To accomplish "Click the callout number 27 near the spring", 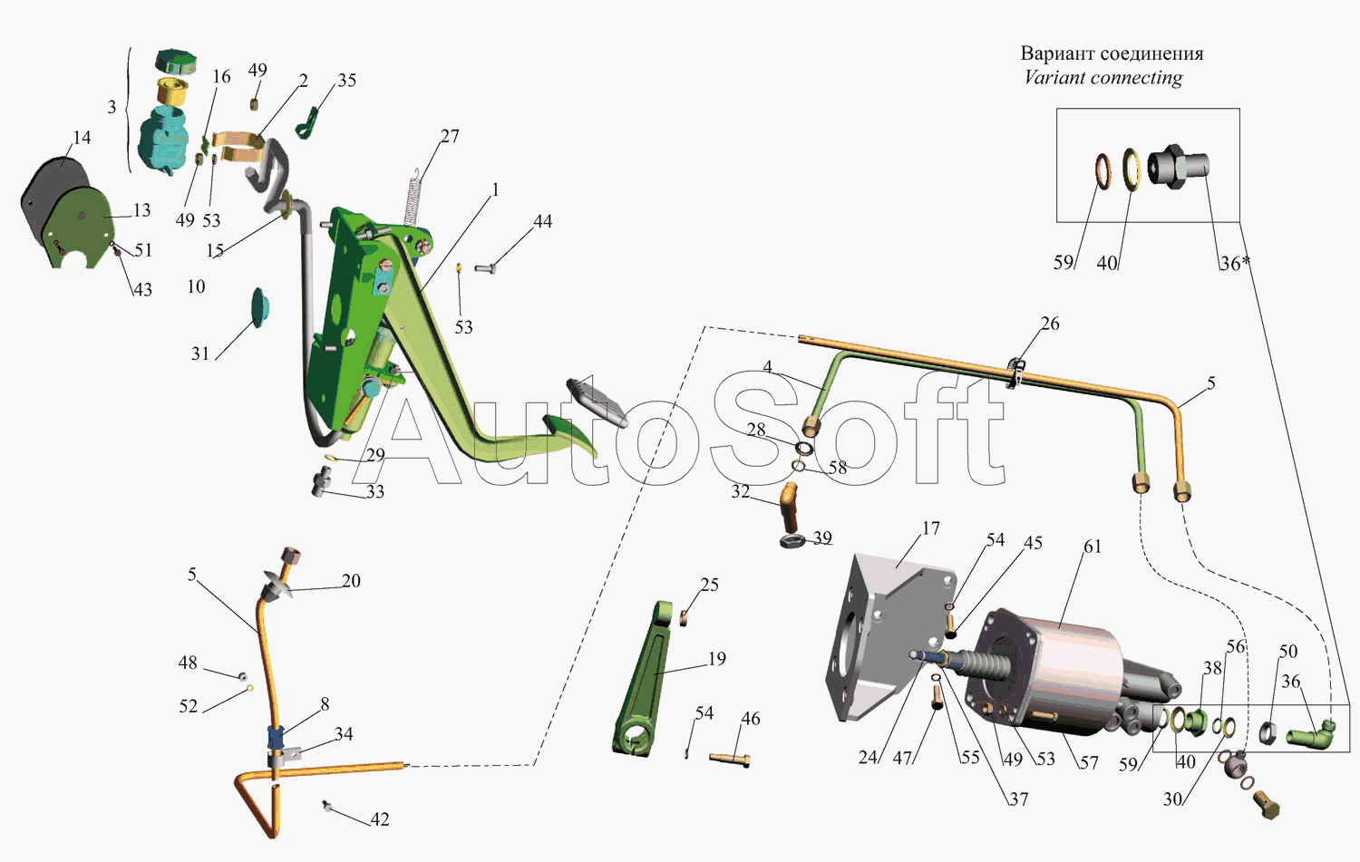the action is tap(450, 136).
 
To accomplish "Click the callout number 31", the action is tap(200, 354).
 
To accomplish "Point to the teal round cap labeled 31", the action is tap(260, 307).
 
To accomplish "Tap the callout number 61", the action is tap(1093, 547).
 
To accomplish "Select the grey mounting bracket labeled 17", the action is tap(889, 637).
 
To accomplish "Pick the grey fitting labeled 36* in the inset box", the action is tap(1179, 166).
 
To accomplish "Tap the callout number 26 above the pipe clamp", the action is tap(1050, 324).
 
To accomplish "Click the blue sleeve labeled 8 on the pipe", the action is tap(277, 737).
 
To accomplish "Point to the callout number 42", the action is tap(380, 818).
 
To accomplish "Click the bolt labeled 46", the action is tap(729, 759).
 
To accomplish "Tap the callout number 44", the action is tap(542, 221).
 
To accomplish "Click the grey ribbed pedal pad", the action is tap(597, 402).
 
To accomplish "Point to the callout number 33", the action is tap(374, 491).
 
